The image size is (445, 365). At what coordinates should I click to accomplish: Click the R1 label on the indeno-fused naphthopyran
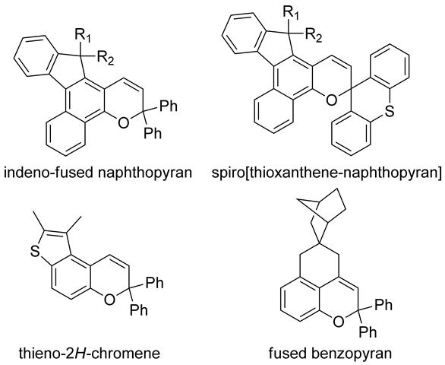pos(83,36)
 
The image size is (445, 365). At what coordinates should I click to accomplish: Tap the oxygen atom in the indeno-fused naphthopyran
pos(123,122)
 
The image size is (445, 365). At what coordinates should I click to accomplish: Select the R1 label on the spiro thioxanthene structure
pos(291,13)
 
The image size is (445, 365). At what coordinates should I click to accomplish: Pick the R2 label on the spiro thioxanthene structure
pos(314,35)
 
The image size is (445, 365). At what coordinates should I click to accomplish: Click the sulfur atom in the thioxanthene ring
pos(390,112)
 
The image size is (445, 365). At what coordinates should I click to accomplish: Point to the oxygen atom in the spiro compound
pos(331,100)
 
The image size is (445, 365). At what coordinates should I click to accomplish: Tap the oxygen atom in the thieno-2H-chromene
pos(109,299)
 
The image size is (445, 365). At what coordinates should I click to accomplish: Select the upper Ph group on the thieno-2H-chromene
pos(155,283)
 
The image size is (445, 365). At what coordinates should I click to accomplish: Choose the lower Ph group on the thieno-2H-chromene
pos(139,309)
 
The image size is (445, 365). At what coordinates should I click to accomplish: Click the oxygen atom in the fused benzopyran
pos(338,322)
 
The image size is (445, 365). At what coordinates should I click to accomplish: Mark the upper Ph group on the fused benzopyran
pos(383,305)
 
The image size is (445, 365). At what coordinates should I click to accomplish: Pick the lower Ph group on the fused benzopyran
pos(368,332)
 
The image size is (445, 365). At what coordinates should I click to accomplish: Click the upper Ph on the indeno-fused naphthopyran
pos(169,106)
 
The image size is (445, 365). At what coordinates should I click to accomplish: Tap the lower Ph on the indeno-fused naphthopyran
pos(153,133)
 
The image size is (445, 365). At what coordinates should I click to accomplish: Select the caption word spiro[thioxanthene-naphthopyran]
pos(327,173)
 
